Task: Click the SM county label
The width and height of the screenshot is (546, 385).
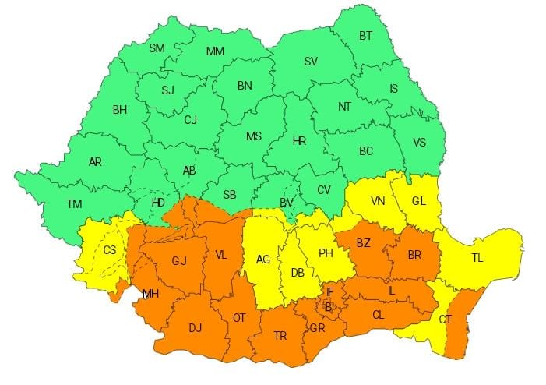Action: (x=157, y=48)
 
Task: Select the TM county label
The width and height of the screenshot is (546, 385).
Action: (x=74, y=204)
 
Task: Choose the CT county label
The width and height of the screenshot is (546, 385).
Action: (x=445, y=320)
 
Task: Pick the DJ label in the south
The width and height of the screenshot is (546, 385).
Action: (x=195, y=328)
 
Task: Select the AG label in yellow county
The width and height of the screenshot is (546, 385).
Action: (x=263, y=260)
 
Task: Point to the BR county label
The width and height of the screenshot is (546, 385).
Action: (x=414, y=253)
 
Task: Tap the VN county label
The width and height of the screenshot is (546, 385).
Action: (x=378, y=201)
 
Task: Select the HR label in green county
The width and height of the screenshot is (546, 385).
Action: (x=299, y=141)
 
